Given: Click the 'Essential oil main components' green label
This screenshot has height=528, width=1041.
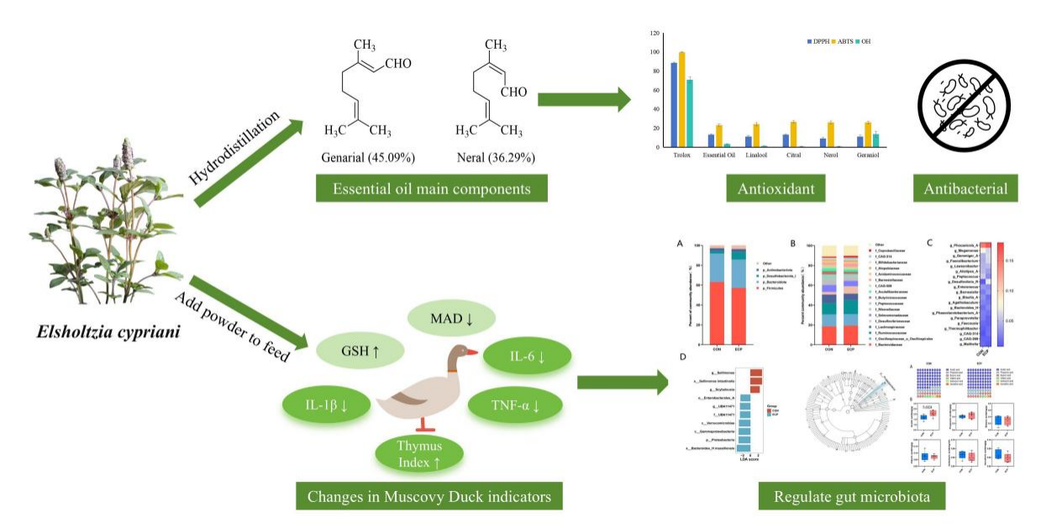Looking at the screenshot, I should point(430,189).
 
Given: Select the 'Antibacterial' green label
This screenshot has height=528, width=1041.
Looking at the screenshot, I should point(966,189).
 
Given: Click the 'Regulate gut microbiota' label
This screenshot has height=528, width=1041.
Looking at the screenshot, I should point(851,498).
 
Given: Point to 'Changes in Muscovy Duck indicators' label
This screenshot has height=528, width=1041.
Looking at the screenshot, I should point(428,498).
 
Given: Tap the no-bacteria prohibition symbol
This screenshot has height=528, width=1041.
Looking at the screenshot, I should point(966,107).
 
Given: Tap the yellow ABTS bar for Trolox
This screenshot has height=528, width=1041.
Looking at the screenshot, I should point(681,99).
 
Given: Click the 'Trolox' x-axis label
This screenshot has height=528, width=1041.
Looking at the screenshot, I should point(681,156).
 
